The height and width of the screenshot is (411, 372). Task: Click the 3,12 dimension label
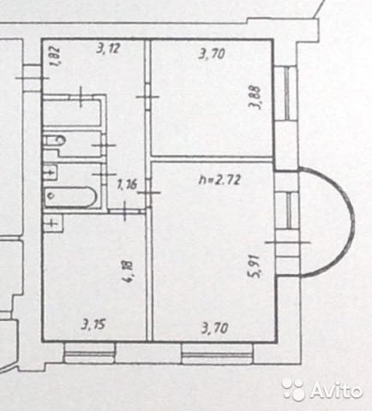[107, 50]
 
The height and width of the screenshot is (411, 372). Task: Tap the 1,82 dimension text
[55, 57]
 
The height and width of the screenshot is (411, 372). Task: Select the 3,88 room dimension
[255, 98]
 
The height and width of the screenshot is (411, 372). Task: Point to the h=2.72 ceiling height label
[219, 180]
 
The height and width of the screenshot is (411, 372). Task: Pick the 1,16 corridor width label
[127, 184]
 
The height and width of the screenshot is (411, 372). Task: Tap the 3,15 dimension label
[93, 325]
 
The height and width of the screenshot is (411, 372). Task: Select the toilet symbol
[55, 140]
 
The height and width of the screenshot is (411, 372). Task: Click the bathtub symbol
[70, 197]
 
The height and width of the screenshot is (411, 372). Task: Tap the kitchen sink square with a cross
[52, 223]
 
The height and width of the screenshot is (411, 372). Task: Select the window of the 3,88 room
[286, 93]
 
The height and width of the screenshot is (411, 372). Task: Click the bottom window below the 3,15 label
[89, 353]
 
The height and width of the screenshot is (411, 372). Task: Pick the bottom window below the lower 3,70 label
[217, 354]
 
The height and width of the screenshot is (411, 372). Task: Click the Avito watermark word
[336, 390]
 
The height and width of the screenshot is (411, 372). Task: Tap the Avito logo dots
[292, 389]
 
